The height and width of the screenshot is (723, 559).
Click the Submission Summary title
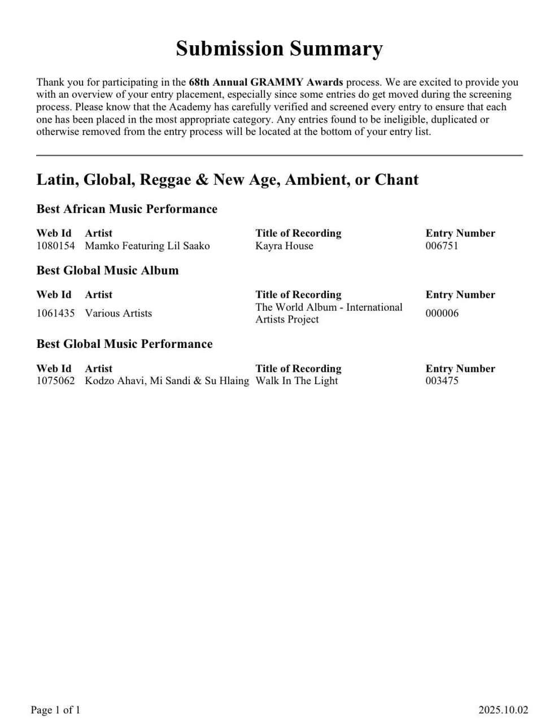(279, 49)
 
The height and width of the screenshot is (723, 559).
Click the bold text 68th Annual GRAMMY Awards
(265, 82)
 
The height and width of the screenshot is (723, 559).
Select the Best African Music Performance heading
(126, 209)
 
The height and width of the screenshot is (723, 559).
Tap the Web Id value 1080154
(55, 246)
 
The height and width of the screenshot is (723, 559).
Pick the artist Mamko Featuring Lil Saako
(147, 246)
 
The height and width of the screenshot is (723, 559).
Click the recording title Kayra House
(284, 246)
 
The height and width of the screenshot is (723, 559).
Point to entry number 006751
(442, 246)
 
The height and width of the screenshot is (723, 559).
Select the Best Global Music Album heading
(107, 271)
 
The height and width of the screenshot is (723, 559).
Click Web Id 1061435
(55, 313)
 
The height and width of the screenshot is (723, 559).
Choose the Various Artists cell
(118, 313)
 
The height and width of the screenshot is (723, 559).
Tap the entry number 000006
(442, 313)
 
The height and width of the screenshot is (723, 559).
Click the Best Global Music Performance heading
(124, 344)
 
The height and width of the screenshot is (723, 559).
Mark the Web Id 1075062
(55, 381)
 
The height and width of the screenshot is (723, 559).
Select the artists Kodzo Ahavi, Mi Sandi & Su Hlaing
(167, 381)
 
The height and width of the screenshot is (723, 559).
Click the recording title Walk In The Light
(296, 381)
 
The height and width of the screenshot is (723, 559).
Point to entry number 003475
(442, 381)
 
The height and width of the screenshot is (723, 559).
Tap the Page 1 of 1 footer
(55, 710)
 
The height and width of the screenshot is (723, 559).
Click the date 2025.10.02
(503, 710)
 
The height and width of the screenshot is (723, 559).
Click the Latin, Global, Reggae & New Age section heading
(227, 180)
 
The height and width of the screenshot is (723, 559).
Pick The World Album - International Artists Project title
(329, 313)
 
